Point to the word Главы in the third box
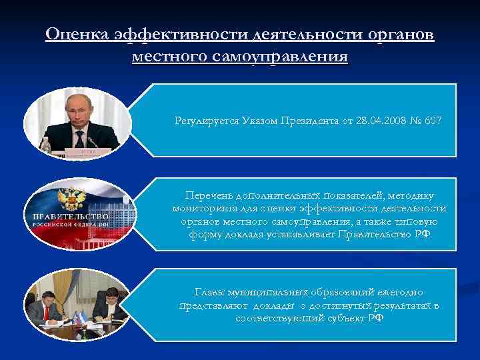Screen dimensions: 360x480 (208, 293)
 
